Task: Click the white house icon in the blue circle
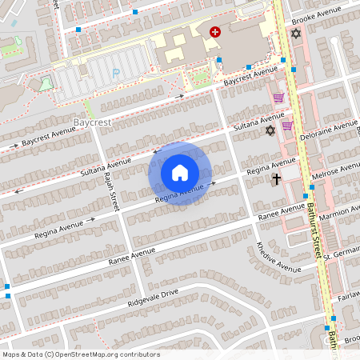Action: coord(180,173)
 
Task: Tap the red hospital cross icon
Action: coord(214,31)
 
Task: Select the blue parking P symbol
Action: coord(115,73)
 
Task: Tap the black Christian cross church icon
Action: coord(276,179)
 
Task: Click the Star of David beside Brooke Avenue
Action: coord(296,34)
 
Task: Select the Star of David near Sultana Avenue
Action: coord(270,130)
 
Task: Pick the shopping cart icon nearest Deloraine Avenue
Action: coord(286,126)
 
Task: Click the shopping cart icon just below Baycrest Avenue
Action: coord(278,98)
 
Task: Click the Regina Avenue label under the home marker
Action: coord(180,193)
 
